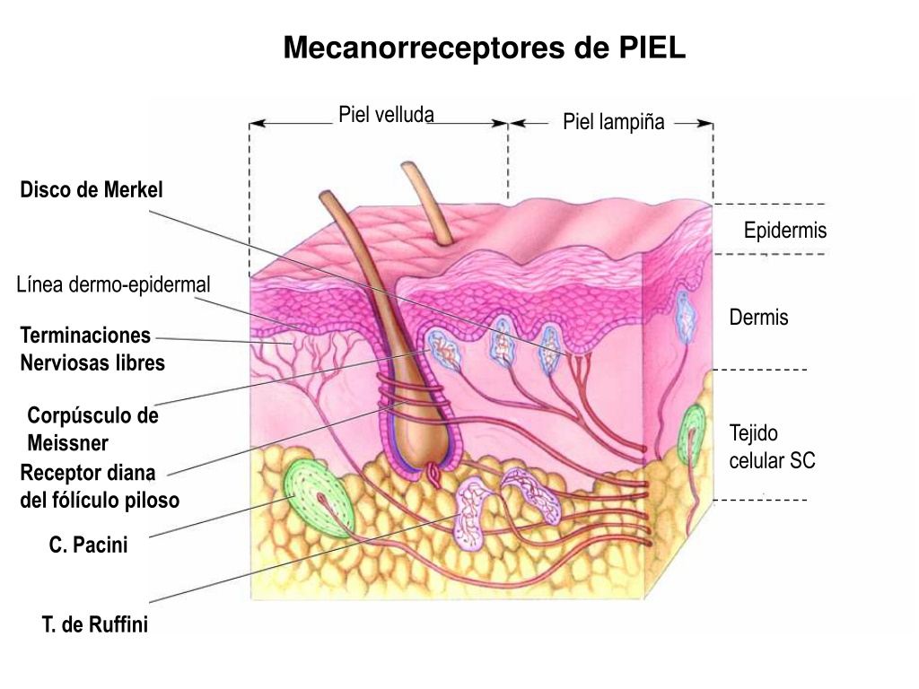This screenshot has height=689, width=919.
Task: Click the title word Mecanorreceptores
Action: [x=424, y=48]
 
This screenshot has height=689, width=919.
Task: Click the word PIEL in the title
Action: [x=652, y=47]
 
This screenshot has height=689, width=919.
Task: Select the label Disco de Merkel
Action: [x=92, y=190]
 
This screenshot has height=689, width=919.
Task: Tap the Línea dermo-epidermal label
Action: [x=113, y=284]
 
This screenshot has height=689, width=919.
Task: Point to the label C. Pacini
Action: [x=89, y=545]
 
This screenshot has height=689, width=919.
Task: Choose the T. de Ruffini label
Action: [x=95, y=624]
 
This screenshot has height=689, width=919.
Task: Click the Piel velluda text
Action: [x=386, y=115]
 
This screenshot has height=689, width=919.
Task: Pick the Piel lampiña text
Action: [x=614, y=122]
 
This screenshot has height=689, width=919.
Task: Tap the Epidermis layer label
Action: [x=785, y=231]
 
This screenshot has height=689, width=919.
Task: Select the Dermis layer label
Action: [x=758, y=318]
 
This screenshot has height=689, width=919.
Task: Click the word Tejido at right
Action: [x=754, y=433]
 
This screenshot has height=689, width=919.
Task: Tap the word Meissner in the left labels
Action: [x=68, y=443]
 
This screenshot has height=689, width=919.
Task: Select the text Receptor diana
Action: [x=88, y=473]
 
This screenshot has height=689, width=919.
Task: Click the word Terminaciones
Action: [x=85, y=336]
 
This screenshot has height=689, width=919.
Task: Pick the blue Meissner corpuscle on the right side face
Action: [x=685, y=317]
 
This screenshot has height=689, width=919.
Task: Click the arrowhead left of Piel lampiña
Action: [x=516, y=124]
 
